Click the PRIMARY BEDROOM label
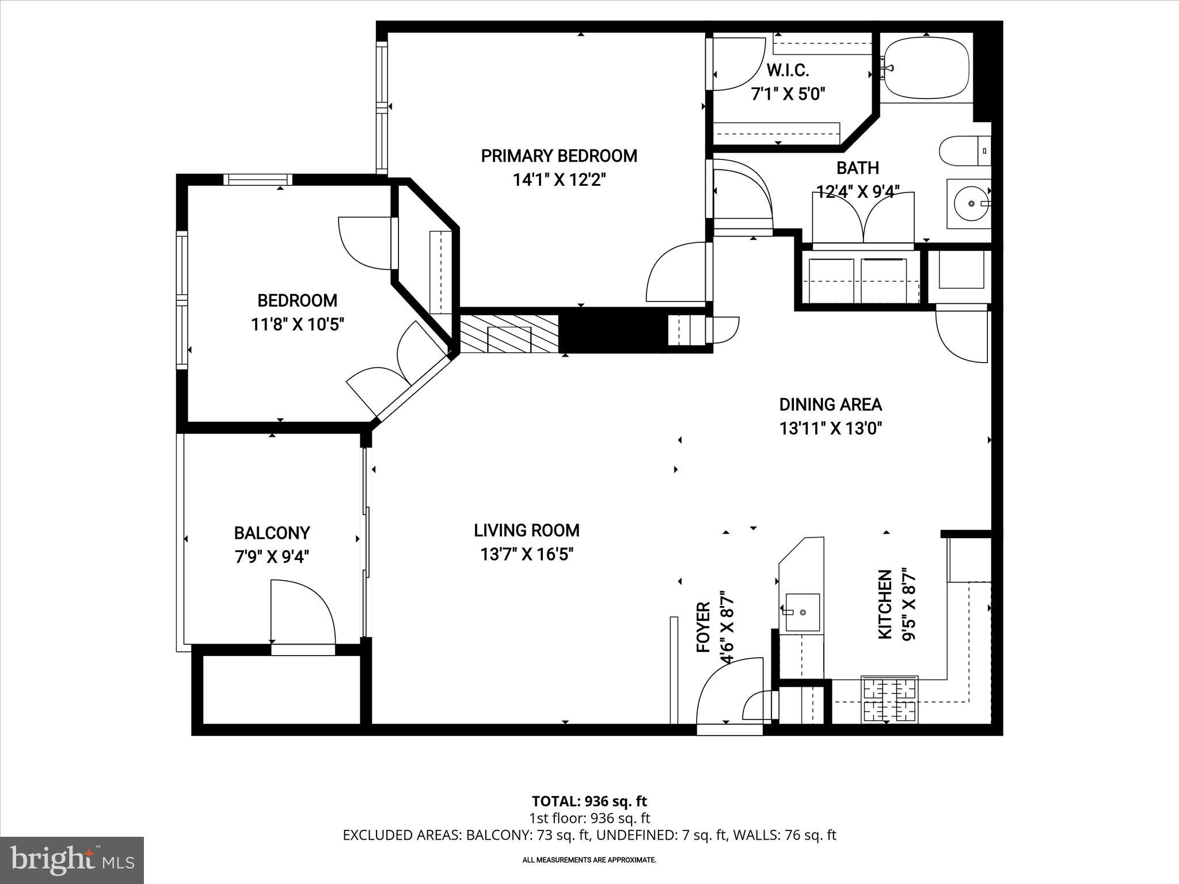558,156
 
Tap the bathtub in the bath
926,68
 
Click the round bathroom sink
971,204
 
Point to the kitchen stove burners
889,700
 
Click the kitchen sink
803,612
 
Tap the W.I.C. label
788,71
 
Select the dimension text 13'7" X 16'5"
527,554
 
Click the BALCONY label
272,533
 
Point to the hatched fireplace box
509,334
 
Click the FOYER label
703,627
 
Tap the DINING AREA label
830,405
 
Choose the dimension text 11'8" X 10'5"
297,325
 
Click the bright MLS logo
72,860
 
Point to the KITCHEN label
885,604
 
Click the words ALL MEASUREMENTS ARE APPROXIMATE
589,860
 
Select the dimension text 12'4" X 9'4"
858,192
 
